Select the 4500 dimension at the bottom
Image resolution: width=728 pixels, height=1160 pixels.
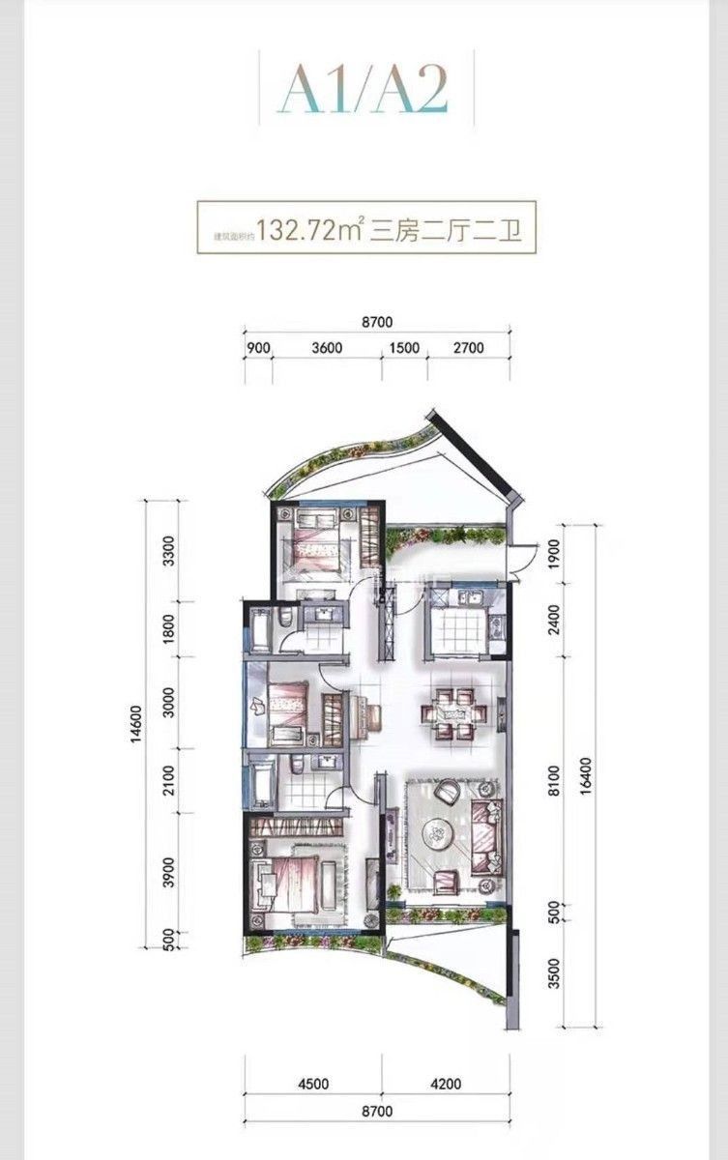tap(312, 1084)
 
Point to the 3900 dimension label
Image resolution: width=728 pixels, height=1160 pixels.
tap(170, 874)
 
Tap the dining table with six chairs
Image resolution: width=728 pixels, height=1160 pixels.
tap(451, 714)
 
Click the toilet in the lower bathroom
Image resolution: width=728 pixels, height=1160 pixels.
tap(298, 767)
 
